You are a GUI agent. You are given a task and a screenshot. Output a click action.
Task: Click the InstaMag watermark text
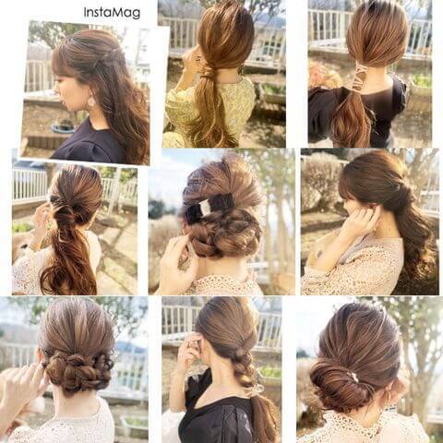click(112, 13)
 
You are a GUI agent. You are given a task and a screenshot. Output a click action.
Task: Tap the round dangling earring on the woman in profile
click(91, 101)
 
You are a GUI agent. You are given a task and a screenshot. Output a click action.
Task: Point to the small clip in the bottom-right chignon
click(353, 376)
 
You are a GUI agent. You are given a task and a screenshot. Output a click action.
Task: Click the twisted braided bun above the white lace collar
click(78, 372)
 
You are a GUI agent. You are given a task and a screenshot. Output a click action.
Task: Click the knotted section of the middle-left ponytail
click(66, 215)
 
